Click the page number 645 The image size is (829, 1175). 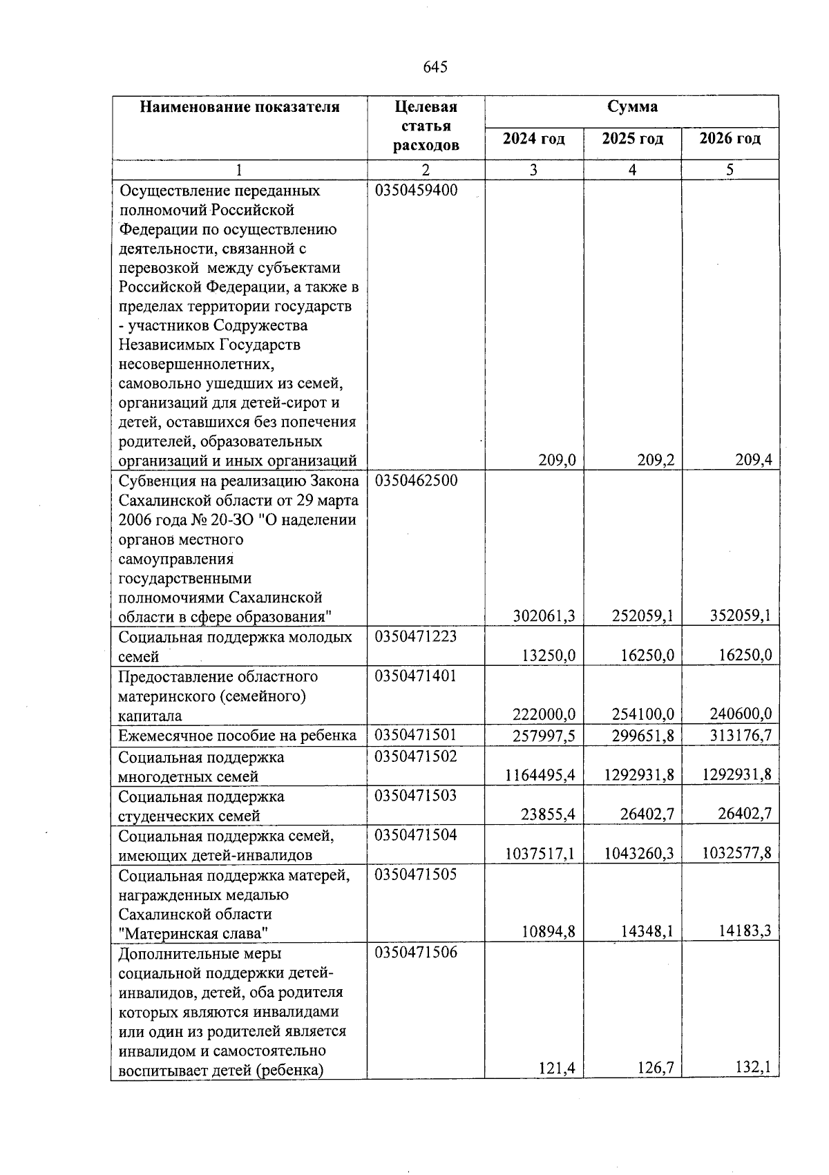(435, 67)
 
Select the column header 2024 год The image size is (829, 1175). (533, 139)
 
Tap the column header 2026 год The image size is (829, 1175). (730, 139)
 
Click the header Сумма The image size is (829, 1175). (631, 107)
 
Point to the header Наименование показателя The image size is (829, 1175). (240, 107)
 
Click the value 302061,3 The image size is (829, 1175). (545, 616)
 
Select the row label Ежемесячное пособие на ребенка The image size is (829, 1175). (237, 735)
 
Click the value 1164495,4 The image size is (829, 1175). (540, 775)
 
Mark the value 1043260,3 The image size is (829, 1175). (639, 854)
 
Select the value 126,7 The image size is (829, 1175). (655, 1070)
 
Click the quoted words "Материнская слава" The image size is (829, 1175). (193, 933)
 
